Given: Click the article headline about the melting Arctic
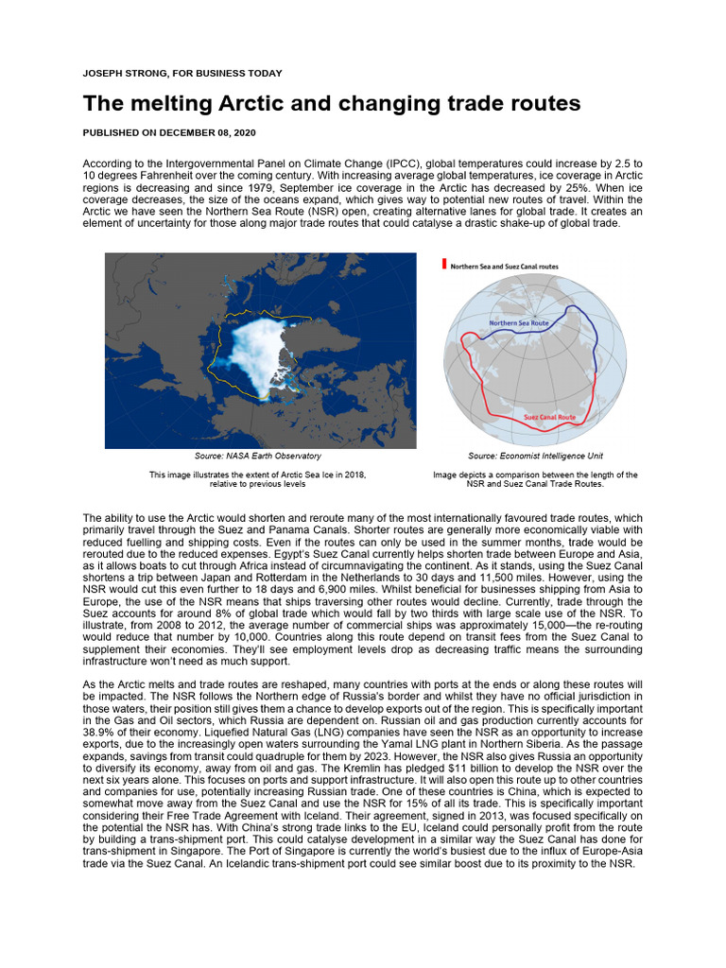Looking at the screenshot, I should click(x=331, y=102).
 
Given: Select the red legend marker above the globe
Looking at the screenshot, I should click(x=444, y=266).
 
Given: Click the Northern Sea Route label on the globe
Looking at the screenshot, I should click(x=518, y=323).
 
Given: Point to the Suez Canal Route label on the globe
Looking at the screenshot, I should click(x=549, y=417).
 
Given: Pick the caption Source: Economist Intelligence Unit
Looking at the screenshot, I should click(x=535, y=456).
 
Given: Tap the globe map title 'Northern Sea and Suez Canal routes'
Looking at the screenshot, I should click(x=504, y=267).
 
